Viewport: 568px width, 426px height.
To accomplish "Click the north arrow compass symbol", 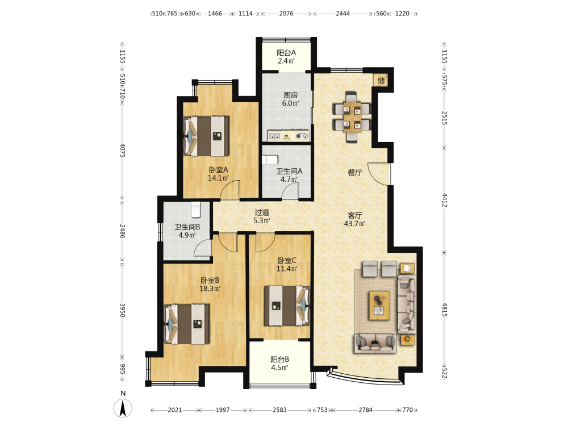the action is (123, 408).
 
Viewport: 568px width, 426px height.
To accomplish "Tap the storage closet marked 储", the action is (381, 80).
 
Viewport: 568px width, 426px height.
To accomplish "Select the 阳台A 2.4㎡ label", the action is (286, 57).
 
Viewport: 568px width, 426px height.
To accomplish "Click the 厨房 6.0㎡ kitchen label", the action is (290, 99).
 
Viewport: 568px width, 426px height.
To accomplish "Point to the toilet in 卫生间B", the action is (196, 210).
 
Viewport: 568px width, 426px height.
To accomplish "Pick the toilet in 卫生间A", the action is (270, 160).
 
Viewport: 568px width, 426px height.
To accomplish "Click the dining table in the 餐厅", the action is (352, 116).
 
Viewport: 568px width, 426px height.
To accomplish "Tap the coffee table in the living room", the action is (379, 305).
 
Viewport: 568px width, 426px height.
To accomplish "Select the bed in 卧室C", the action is (287, 306).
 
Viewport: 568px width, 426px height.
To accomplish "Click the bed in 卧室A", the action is (206, 136).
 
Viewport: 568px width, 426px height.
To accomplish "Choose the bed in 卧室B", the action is (186, 324).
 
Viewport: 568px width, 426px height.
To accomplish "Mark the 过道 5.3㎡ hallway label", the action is (261, 216).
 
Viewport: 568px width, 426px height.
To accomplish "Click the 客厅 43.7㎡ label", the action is (354, 219).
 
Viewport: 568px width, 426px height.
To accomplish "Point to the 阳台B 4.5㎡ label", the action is (279, 364).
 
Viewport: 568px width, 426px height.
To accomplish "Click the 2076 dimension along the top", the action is (286, 14).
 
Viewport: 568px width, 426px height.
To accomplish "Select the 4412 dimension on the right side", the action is (445, 200).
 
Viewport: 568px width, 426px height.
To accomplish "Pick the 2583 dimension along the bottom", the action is (279, 410).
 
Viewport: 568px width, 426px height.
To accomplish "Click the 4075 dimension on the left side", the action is (123, 151).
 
